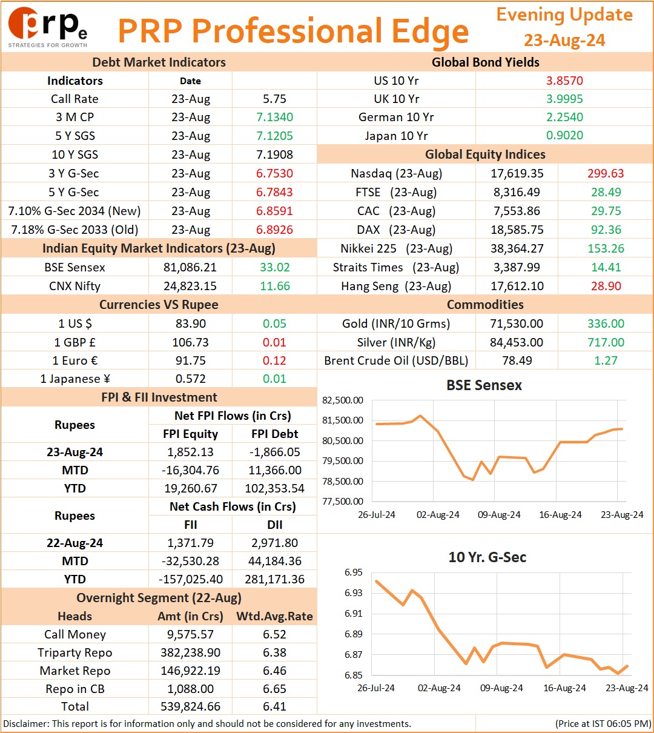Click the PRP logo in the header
48,27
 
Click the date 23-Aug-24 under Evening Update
564,40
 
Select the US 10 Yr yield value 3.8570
564,81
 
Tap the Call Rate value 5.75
274,99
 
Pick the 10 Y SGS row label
75,154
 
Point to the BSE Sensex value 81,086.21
190,267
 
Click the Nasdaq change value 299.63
606,173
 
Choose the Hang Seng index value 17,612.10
517,286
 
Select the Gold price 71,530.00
517,323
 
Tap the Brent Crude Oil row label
396,360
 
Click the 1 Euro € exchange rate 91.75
190,360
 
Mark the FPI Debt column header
274,434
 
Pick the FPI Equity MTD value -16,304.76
190,470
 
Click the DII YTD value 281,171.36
274,579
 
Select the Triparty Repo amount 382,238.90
190,652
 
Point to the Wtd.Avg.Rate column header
274,616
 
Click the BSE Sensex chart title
484,385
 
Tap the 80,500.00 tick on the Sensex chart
343,440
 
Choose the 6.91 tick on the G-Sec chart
354,614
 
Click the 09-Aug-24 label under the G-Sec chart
501,688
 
